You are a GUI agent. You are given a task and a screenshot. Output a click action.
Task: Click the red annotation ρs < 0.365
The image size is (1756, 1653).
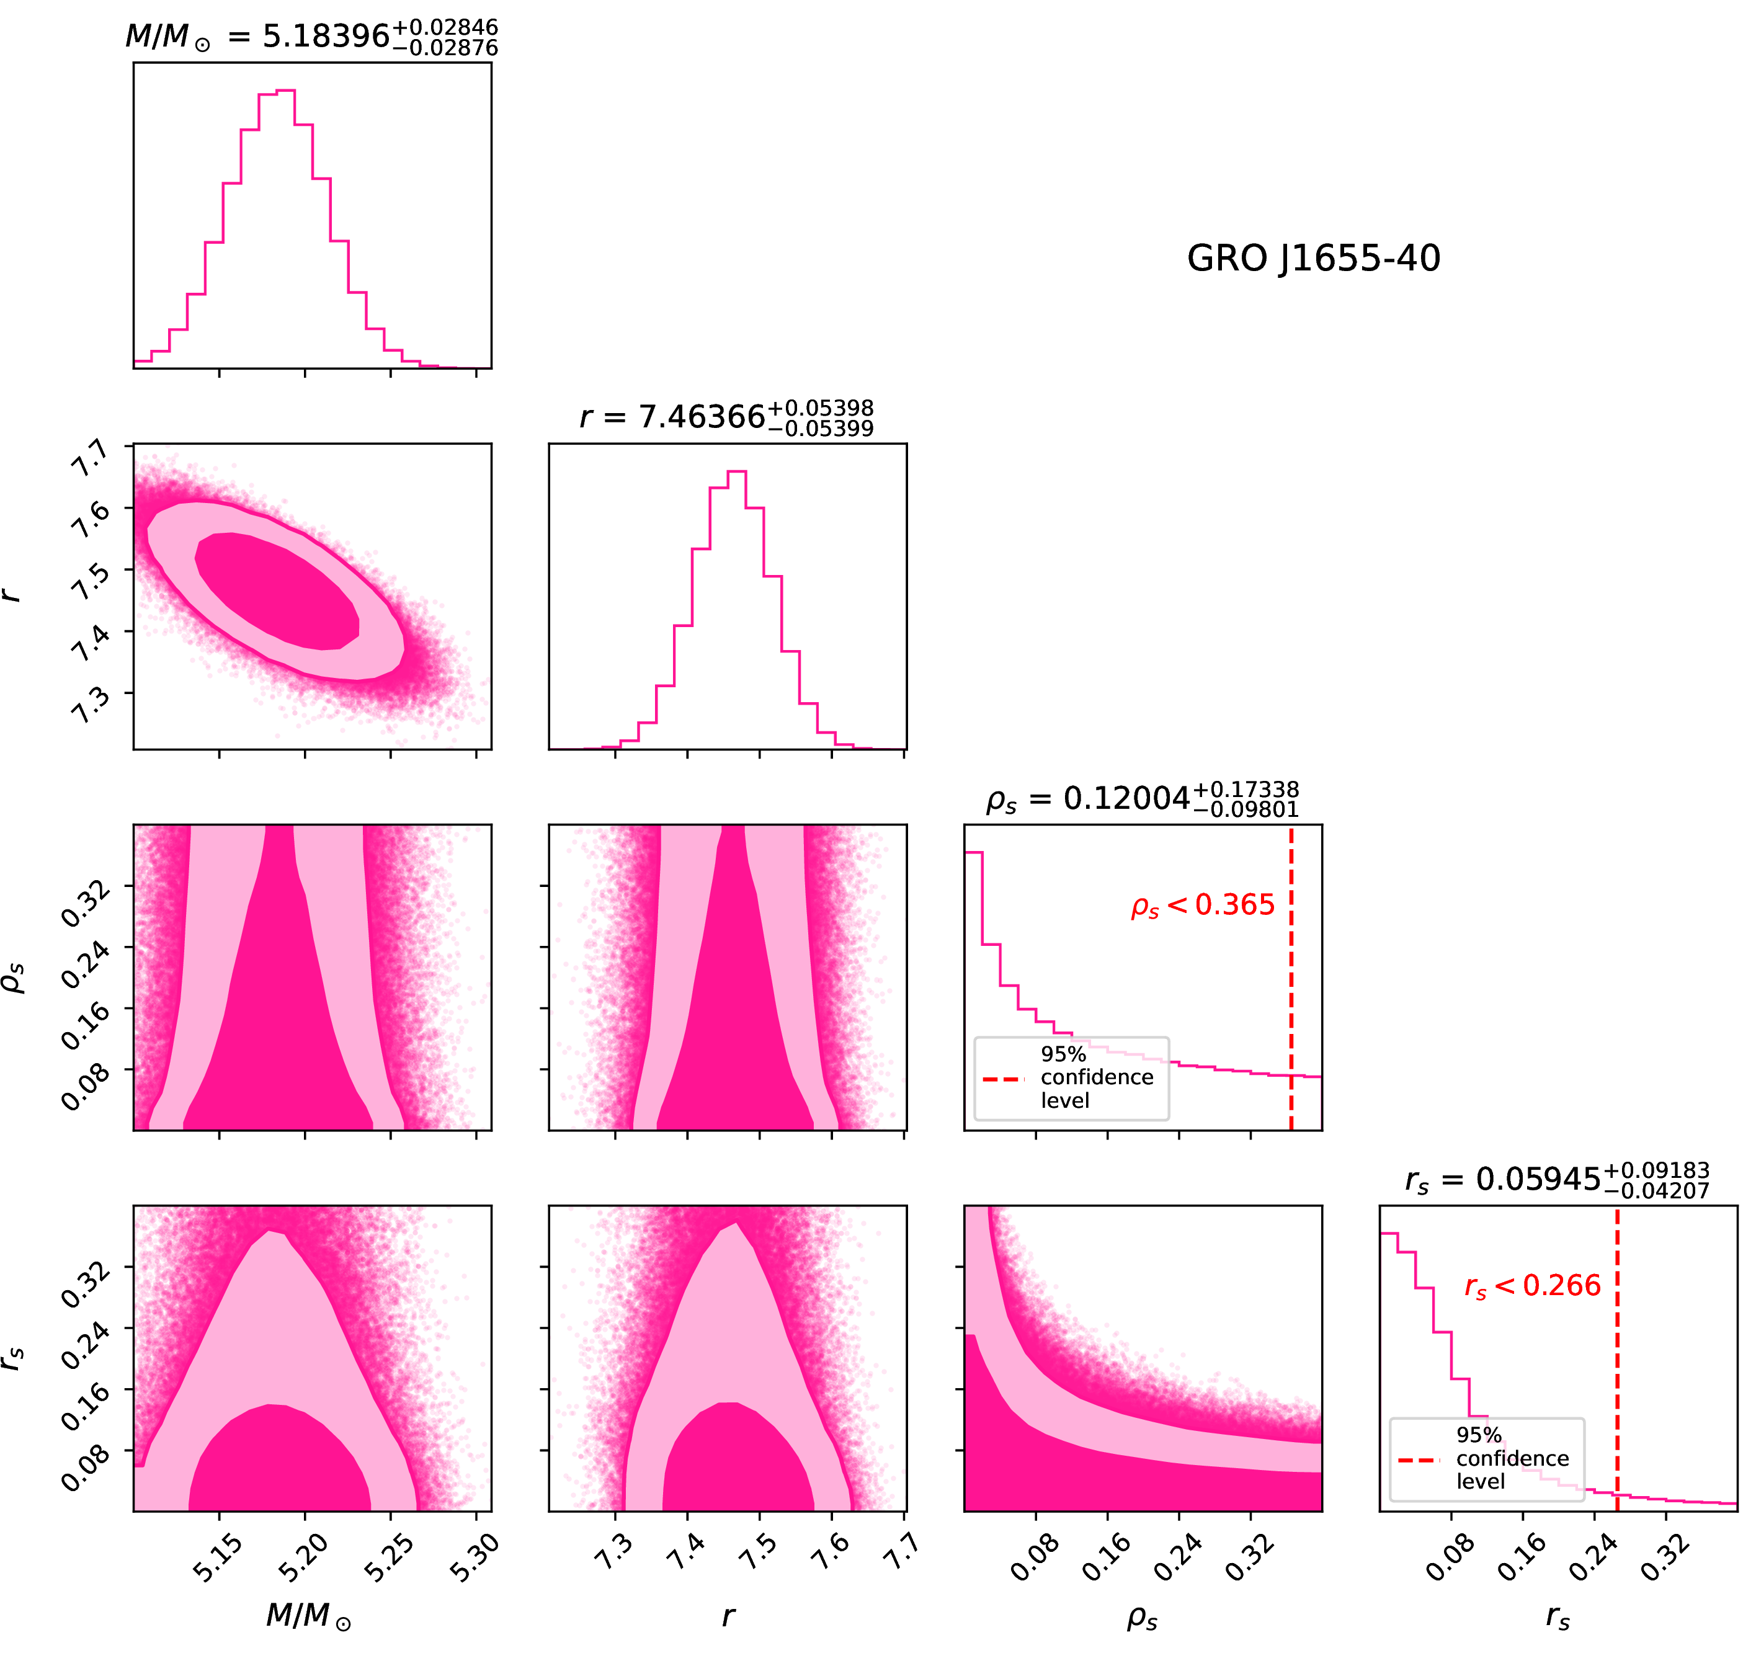pyautogui.click(x=1203, y=906)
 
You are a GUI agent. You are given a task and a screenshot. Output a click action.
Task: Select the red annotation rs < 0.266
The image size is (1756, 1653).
pyautogui.click(x=1533, y=1286)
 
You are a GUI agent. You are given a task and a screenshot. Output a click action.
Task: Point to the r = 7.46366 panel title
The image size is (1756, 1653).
pyautogui.click(x=726, y=416)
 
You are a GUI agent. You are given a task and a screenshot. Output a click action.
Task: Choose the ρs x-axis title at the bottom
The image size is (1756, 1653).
pyautogui.click(x=1142, y=1618)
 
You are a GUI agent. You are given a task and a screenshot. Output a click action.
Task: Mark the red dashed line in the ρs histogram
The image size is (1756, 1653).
pyautogui.click(x=1291, y=972)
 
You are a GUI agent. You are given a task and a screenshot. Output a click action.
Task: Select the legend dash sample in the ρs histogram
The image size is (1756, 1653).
pyautogui.click(x=1004, y=1079)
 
